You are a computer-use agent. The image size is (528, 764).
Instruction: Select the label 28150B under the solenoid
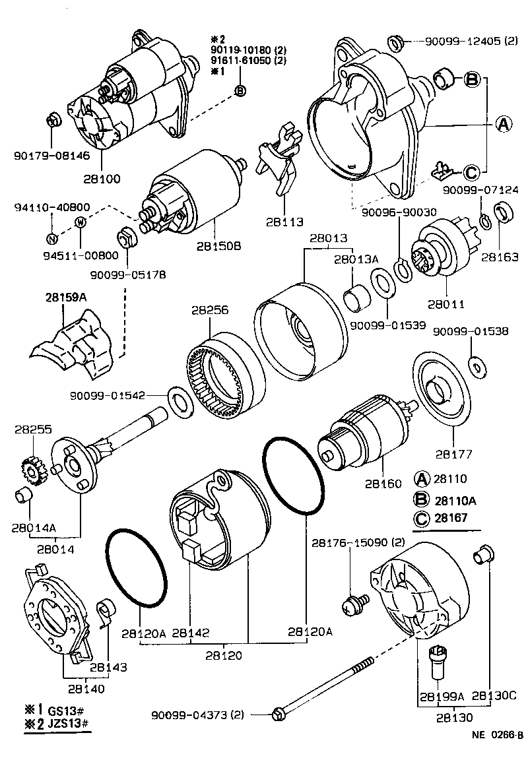[218, 246]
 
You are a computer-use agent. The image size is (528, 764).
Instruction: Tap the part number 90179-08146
[44, 156]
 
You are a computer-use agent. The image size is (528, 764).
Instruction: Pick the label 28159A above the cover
[66, 298]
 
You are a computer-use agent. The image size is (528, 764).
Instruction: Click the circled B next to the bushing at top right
[471, 79]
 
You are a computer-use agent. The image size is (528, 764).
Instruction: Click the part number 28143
[108, 667]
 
